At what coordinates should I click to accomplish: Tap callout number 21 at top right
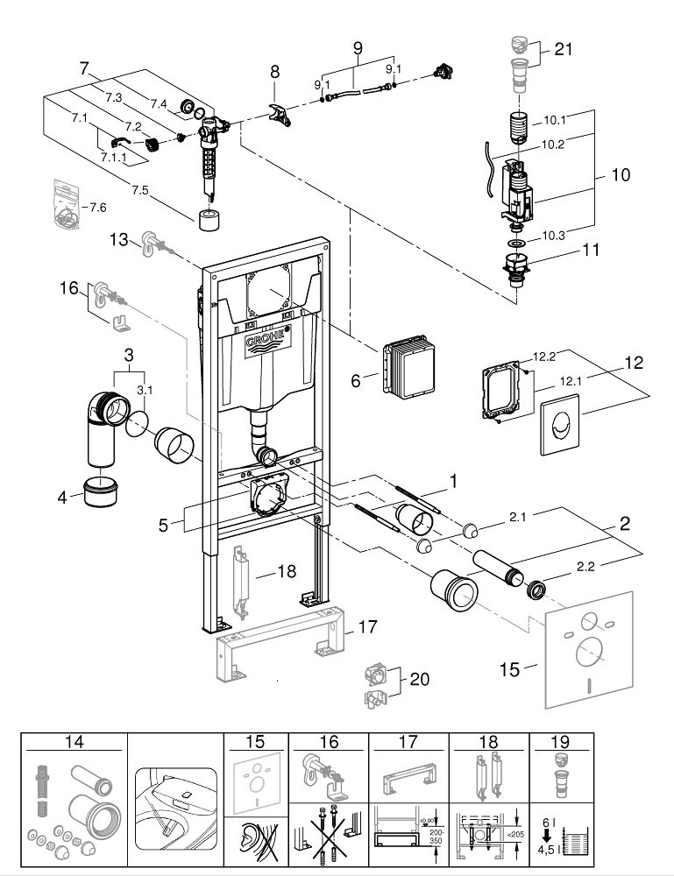point(563,50)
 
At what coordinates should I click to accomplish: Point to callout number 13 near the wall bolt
point(120,239)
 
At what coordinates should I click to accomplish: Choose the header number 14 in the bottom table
point(74,741)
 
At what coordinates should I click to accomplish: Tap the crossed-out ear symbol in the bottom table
point(256,846)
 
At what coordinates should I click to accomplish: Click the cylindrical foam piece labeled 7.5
point(209,221)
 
